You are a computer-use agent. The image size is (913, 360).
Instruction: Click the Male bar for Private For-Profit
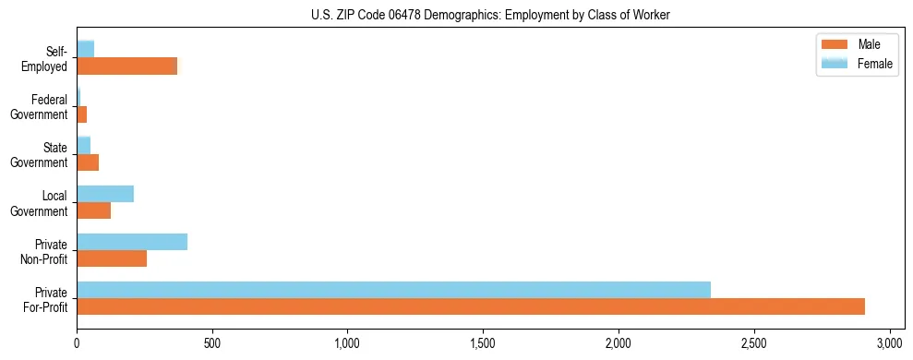click(x=471, y=306)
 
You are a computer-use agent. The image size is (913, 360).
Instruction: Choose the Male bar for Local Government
click(x=93, y=210)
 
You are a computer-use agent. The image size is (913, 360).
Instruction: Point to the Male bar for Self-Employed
click(x=126, y=66)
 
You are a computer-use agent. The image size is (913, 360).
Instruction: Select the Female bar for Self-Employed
click(x=85, y=50)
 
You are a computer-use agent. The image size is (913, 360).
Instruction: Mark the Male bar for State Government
click(x=88, y=162)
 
